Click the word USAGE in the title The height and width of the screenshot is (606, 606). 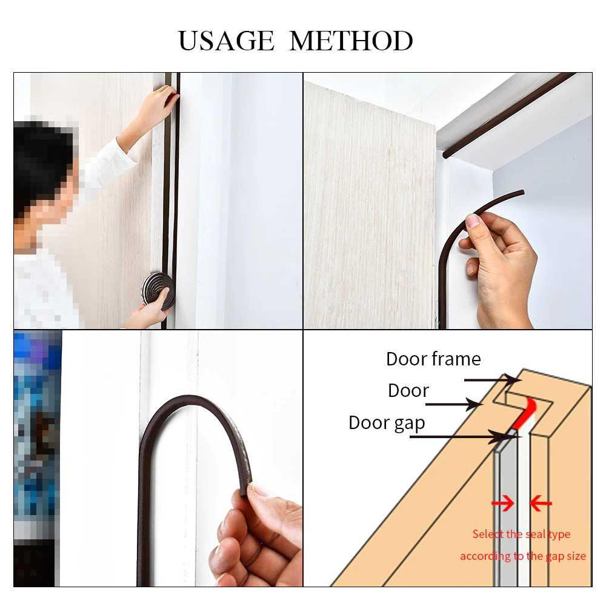click(x=225, y=41)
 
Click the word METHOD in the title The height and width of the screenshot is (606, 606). click(x=351, y=41)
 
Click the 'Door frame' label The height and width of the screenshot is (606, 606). click(x=433, y=359)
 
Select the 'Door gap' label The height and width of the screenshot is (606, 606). click(x=387, y=423)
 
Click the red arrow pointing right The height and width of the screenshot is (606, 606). click(x=502, y=503)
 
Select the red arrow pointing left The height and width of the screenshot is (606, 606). click(x=541, y=503)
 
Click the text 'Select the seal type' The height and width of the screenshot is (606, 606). click(x=521, y=534)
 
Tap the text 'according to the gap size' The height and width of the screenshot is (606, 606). click(x=522, y=556)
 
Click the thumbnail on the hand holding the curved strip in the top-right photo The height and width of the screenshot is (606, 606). click(x=473, y=221)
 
